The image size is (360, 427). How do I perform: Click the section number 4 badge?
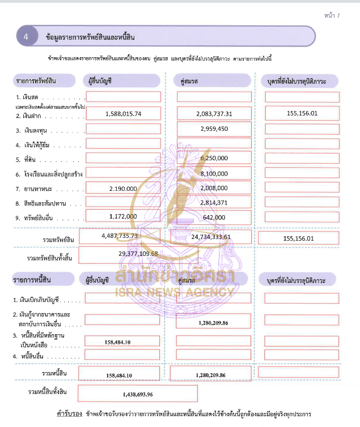point(26,36)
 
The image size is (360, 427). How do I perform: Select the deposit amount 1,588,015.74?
point(123,113)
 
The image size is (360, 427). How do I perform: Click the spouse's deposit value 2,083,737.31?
point(214,113)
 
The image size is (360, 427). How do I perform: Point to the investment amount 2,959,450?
point(214,129)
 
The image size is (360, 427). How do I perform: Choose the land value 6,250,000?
point(214,158)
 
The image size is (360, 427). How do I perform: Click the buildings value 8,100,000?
point(214,173)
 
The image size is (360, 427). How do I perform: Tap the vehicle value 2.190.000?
point(123,188)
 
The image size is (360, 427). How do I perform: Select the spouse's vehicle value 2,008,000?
point(214,188)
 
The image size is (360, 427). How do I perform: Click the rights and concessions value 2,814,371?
point(214,202)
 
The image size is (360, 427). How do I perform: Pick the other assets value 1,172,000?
point(123,216)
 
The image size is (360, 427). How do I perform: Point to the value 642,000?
point(214,217)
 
